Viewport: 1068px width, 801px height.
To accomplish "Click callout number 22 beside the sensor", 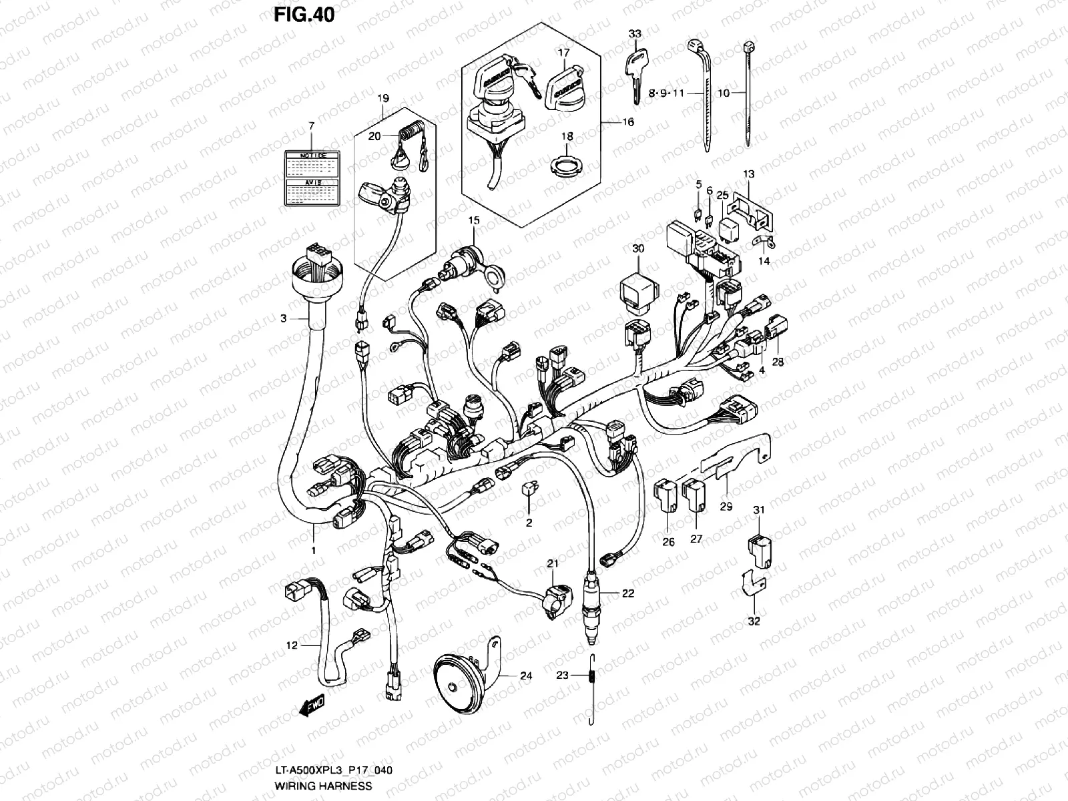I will [627, 593].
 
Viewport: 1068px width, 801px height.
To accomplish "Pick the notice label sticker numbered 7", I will [310, 177].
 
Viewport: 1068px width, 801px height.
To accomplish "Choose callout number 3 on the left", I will [283, 318].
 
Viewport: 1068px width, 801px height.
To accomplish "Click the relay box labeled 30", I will [638, 288].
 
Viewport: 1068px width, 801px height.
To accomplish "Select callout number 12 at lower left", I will [291, 645].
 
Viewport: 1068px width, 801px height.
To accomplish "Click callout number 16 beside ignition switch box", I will [628, 122].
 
